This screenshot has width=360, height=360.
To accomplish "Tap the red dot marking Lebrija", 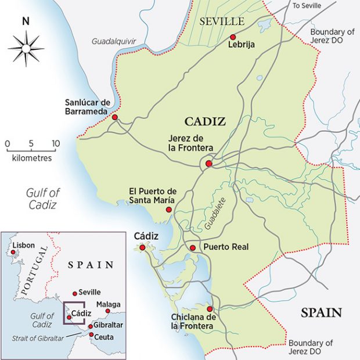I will pyautogui.click(x=233, y=36).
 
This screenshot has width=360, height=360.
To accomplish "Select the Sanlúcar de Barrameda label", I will pyautogui.click(x=88, y=107).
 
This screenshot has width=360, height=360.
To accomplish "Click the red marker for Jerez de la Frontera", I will pyautogui.click(x=208, y=164).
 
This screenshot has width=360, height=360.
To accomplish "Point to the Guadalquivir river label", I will pyautogui.click(x=113, y=41).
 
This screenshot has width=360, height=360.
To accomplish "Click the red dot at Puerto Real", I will pyautogui.click(x=193, y=248).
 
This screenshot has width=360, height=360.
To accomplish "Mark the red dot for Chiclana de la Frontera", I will pyautogui.click(x=210, y=309).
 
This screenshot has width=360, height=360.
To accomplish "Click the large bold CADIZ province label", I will pyautogui.click(x=204, y=121).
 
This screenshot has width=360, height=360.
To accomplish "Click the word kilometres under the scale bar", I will pyautogui.click(x=31, y=158).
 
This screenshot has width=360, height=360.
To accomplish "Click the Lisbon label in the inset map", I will pyautogui.click(x=23, y=245).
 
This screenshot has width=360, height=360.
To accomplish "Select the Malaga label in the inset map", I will pyautogui.click(x=109, y=304).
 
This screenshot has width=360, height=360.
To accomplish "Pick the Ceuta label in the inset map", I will pyautogui.click(x=105, y=336).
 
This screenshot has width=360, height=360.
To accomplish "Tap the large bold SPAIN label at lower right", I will pyautogui.click(x=320, y=313).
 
